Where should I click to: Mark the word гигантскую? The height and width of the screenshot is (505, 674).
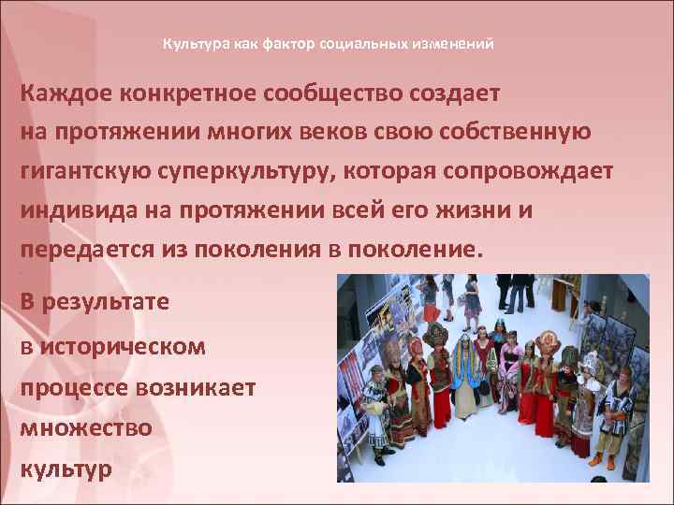tap(86, 171)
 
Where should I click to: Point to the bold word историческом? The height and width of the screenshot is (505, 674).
tap(123, 347)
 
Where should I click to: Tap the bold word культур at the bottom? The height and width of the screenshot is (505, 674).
tap(66, 467)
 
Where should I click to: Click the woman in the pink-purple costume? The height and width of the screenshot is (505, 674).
tap(511, 374)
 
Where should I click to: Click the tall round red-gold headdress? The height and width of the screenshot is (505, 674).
tap(435, 334)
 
